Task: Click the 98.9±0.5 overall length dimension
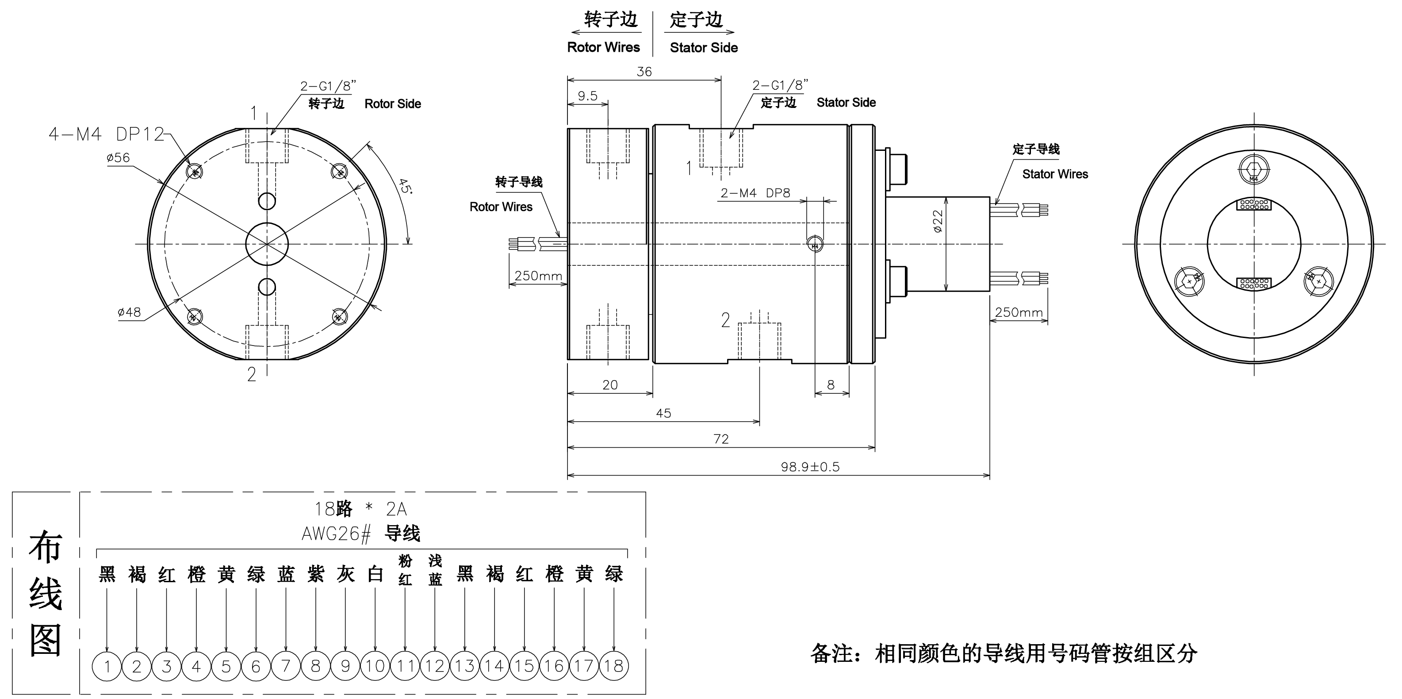(x=810, y=467)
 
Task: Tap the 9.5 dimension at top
(x=587, y=96)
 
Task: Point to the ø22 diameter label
(x=938, y=222)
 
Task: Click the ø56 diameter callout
(x=118, y=158)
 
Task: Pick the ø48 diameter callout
(x=129, y=312)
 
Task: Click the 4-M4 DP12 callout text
(x=106, y=134)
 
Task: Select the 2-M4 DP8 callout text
(x=755, y=193)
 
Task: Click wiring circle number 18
(x=613, y=666)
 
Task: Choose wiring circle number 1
(x=107, y=666)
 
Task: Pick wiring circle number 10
(x=375, y=666)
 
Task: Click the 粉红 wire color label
(x=405, y=570)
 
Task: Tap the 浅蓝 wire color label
(x=435, y=570)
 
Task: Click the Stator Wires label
(x=1055, y=174)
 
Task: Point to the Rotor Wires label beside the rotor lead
(x=501, y=207)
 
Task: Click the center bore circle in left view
(x=267, y=244)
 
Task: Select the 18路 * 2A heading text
(x=360, y=509)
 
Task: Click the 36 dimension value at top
(x=644, y=72)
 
